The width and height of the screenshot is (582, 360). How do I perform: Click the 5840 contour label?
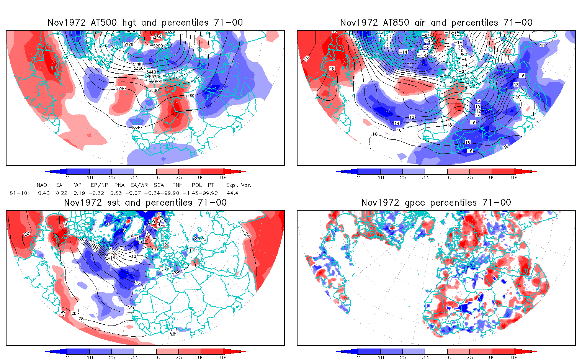pyautogui.click(x=137, y=128)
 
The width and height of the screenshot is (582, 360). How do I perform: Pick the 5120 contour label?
pyautogui.click(x=128, y=44)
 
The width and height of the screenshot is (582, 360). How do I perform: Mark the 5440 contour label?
pyautogui.click(x=151, y=72)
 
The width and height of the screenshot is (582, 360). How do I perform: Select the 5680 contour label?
pyautogui.click(x=154, y=91)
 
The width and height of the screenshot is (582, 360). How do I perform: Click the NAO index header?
pyautogui.click(x=42, y=185)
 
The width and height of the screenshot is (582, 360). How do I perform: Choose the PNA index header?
pyautogui.click(x=119, y=185)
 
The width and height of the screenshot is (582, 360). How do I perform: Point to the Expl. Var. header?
pyautogui.click(x=239, y=185)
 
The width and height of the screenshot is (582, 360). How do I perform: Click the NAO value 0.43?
pyautogui.click(x=44, y=193)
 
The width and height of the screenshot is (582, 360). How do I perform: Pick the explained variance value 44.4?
pyautogui.click(x=232, y=193)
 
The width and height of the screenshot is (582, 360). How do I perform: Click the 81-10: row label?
pyautogui.click(x=19, y=193)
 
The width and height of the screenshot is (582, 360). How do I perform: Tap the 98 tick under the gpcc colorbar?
pyautogui.click(x=514, y=357)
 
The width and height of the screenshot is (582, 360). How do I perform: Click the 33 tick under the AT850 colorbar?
pyautogui.click(x=425, y=177)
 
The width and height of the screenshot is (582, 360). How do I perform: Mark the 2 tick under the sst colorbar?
pyautogui.click(x=67, y=357)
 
